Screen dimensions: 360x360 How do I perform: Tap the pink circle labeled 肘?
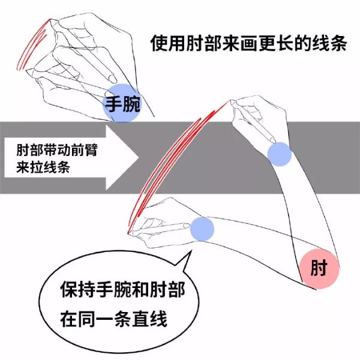[319, 269]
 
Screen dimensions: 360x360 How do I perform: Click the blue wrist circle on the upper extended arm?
[279, 154]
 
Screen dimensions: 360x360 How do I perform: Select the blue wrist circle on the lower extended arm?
[202, 229]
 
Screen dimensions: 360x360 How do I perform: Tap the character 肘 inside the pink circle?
[319, 269]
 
